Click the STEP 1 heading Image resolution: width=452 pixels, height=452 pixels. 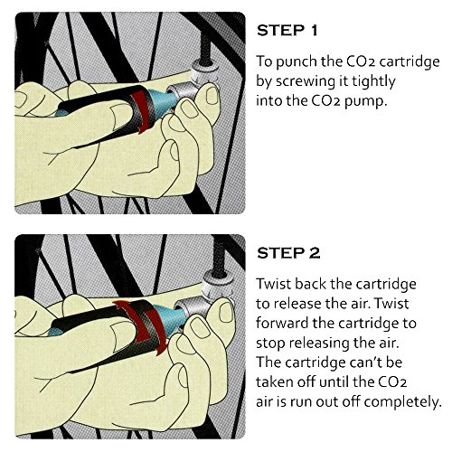point(287,31)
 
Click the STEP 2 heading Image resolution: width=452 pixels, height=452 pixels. point(288,253)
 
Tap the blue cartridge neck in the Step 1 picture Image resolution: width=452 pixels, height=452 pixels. point(162,101)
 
